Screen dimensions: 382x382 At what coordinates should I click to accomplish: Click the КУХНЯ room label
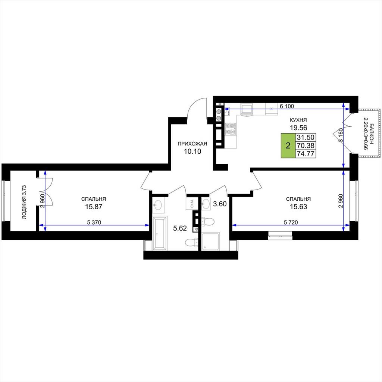[x=298, y=120]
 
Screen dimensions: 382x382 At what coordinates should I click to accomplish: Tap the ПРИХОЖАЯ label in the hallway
[x=192, y=144]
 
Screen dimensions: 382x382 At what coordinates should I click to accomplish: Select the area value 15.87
[x=94, y=207]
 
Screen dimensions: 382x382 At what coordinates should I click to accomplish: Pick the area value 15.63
[x=298, y=207]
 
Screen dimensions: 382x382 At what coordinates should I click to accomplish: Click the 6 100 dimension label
[x=287, y=106]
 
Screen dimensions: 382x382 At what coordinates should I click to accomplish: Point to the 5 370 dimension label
[x=94, y=222]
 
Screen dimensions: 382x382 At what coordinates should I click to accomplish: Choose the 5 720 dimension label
[x=291, y=222]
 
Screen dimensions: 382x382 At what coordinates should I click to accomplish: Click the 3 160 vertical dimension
[x=341, y=135]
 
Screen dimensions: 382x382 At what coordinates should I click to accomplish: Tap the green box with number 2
[x=288, y=145]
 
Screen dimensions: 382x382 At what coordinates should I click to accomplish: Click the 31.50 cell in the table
[x=306, y=137]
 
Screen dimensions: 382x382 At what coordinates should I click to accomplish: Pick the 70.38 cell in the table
[x=306, y=146]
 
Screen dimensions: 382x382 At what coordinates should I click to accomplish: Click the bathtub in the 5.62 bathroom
[x=160, y=233]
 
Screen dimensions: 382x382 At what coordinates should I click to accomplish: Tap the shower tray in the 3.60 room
[x=211, y=241]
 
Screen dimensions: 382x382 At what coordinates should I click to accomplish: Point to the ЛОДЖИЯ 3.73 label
[x=24, y=202]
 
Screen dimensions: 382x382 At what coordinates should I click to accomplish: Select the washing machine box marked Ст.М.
[x=192, y=204]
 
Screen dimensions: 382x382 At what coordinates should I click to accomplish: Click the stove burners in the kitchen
[x=231, y=129]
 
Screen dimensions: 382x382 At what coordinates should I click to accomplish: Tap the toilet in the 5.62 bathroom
[x=191, y=242]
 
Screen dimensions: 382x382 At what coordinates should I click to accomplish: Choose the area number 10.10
[x=192, y=151]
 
